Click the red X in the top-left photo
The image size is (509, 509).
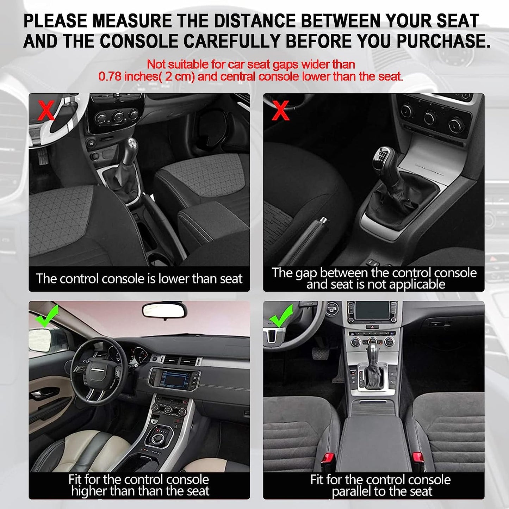46,110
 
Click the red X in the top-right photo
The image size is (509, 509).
280,110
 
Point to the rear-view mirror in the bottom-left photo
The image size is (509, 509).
165,311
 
